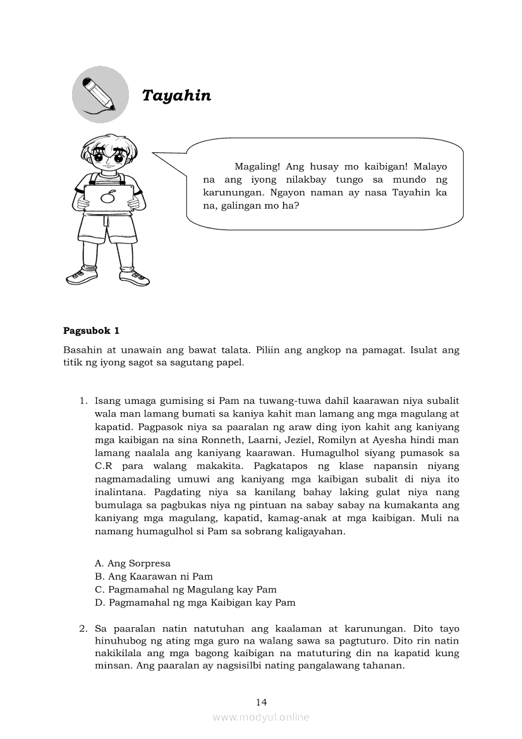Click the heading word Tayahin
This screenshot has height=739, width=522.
click(x=176, y=95)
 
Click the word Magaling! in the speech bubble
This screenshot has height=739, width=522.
click(x=257, y=167)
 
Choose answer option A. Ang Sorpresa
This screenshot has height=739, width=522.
click(x=133, y=563)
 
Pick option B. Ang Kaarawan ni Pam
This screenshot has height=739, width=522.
click(x=154, y=577)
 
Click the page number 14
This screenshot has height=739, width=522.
click(x=261, y=702)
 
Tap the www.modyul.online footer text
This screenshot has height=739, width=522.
click(x=261, y=717)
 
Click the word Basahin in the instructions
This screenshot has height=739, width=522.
click(x=82, y=350)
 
